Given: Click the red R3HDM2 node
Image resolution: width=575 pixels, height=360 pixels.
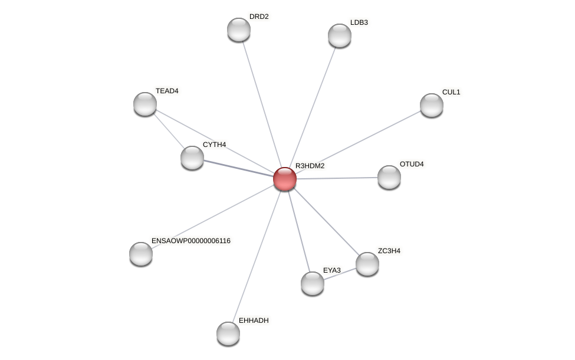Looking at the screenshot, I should point(285,179).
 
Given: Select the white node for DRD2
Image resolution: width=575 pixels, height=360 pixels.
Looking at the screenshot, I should point(239,30).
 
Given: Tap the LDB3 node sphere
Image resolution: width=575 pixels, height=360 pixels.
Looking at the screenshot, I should point(340,35).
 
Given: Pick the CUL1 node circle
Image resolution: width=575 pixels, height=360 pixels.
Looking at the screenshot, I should point(432,105).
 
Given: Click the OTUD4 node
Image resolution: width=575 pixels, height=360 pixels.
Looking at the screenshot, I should point(389,177).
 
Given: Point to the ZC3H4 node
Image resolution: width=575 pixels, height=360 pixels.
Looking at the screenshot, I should point(367,264).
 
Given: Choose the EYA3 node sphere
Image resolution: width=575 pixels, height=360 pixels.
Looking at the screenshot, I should point(313,283).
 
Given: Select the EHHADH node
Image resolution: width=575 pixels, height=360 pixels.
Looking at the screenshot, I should point(228,333).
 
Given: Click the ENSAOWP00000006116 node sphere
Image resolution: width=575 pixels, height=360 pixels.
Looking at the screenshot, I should point(141,254).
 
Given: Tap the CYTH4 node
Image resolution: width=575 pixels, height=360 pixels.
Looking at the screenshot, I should point(192,158).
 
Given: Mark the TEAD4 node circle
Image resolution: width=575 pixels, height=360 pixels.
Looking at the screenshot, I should point(145,104).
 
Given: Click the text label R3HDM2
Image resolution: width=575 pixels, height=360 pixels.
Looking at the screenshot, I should point(310,166).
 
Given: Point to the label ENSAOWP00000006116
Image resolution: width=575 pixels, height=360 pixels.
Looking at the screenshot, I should point(191,241).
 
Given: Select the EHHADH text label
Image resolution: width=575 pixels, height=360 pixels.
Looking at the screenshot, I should point(254,320).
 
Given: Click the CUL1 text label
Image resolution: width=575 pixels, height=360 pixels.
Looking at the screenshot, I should point(451,92).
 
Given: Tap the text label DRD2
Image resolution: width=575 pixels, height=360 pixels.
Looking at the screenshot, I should point(259,17).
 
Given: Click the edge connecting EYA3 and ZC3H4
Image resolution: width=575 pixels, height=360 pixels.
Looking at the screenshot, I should point(340,274).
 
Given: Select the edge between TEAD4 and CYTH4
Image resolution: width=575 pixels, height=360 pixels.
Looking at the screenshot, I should point(169,131).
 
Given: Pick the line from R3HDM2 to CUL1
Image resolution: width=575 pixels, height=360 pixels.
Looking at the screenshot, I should point(360,141).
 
